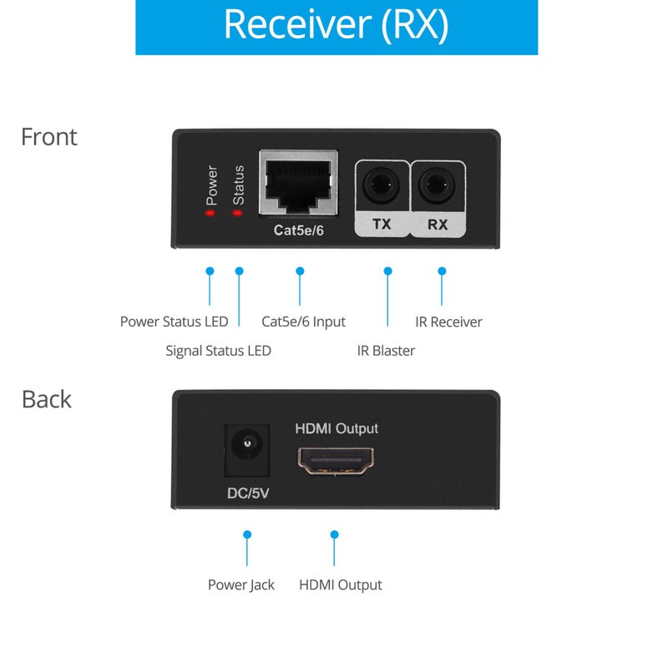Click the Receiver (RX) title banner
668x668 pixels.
(336, 26)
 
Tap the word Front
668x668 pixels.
(48, 137)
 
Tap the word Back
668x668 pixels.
(46, 399)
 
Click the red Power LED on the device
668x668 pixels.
(210, 213)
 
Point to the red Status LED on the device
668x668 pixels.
(237, 213)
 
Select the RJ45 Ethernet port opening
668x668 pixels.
(299, 182)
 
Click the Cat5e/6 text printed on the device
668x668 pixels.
(299, 230)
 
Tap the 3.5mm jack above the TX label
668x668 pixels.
(382, 185)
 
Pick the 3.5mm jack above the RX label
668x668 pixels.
(438, 185)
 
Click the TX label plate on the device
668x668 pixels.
(382, 224)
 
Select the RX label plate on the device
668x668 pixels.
(438, 224)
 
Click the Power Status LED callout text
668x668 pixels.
(174, 321)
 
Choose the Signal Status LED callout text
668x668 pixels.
(218, 351)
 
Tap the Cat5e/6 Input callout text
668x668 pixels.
(303, 321)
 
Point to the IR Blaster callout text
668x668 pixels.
(386, 351)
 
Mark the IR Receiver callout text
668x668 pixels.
(448, 321)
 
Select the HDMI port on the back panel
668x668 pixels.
(337, 460)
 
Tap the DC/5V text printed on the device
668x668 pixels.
(248, 493)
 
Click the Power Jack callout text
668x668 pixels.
(240, 584)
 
